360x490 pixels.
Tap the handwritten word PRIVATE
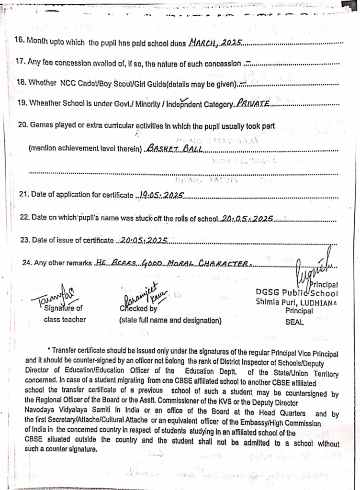point(253,103)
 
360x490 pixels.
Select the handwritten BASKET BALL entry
point(175,149)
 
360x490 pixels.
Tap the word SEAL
point(294,322)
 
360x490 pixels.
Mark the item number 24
point(28,263)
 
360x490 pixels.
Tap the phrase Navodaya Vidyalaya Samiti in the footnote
point(68,410)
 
